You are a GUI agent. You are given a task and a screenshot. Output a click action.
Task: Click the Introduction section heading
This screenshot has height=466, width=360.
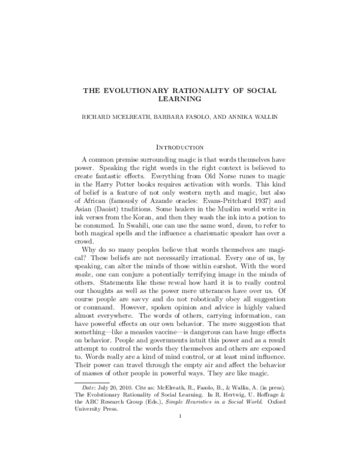pos(180,146)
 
